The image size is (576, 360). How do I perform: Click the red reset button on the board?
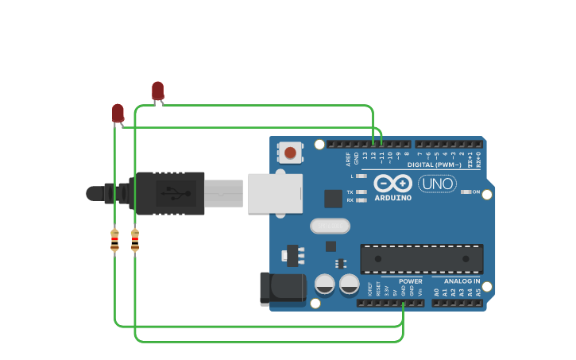click(x=290, y=152)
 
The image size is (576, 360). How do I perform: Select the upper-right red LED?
click(x=157, y=91)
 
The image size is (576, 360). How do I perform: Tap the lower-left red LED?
click(x=118, y=113)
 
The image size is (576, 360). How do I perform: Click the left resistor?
click(x=115, y=239)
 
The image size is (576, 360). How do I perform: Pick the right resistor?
click(x=135, y=239)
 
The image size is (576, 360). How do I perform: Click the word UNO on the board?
click(x=437, y=184)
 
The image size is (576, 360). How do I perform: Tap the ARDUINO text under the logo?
click(x=392, y=197)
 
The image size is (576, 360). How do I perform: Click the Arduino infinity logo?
click(x=392, y=183)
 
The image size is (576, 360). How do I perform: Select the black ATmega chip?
click(x=421, y=259)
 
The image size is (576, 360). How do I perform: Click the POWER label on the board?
click(x=411, y=281)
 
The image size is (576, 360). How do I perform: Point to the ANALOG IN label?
click(x=462, y=281)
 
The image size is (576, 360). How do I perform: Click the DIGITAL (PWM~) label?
click(x=433, y=165)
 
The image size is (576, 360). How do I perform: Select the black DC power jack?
click(x=283, y=288)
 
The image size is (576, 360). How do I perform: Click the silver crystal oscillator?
click(x=330, y=226)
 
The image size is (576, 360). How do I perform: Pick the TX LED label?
click(x=350, y=192)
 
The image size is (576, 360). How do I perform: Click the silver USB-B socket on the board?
click(x=275, y=193)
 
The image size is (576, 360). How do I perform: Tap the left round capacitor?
click(x=325, y=284)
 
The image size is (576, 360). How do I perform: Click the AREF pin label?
click(x=348, y=158)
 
